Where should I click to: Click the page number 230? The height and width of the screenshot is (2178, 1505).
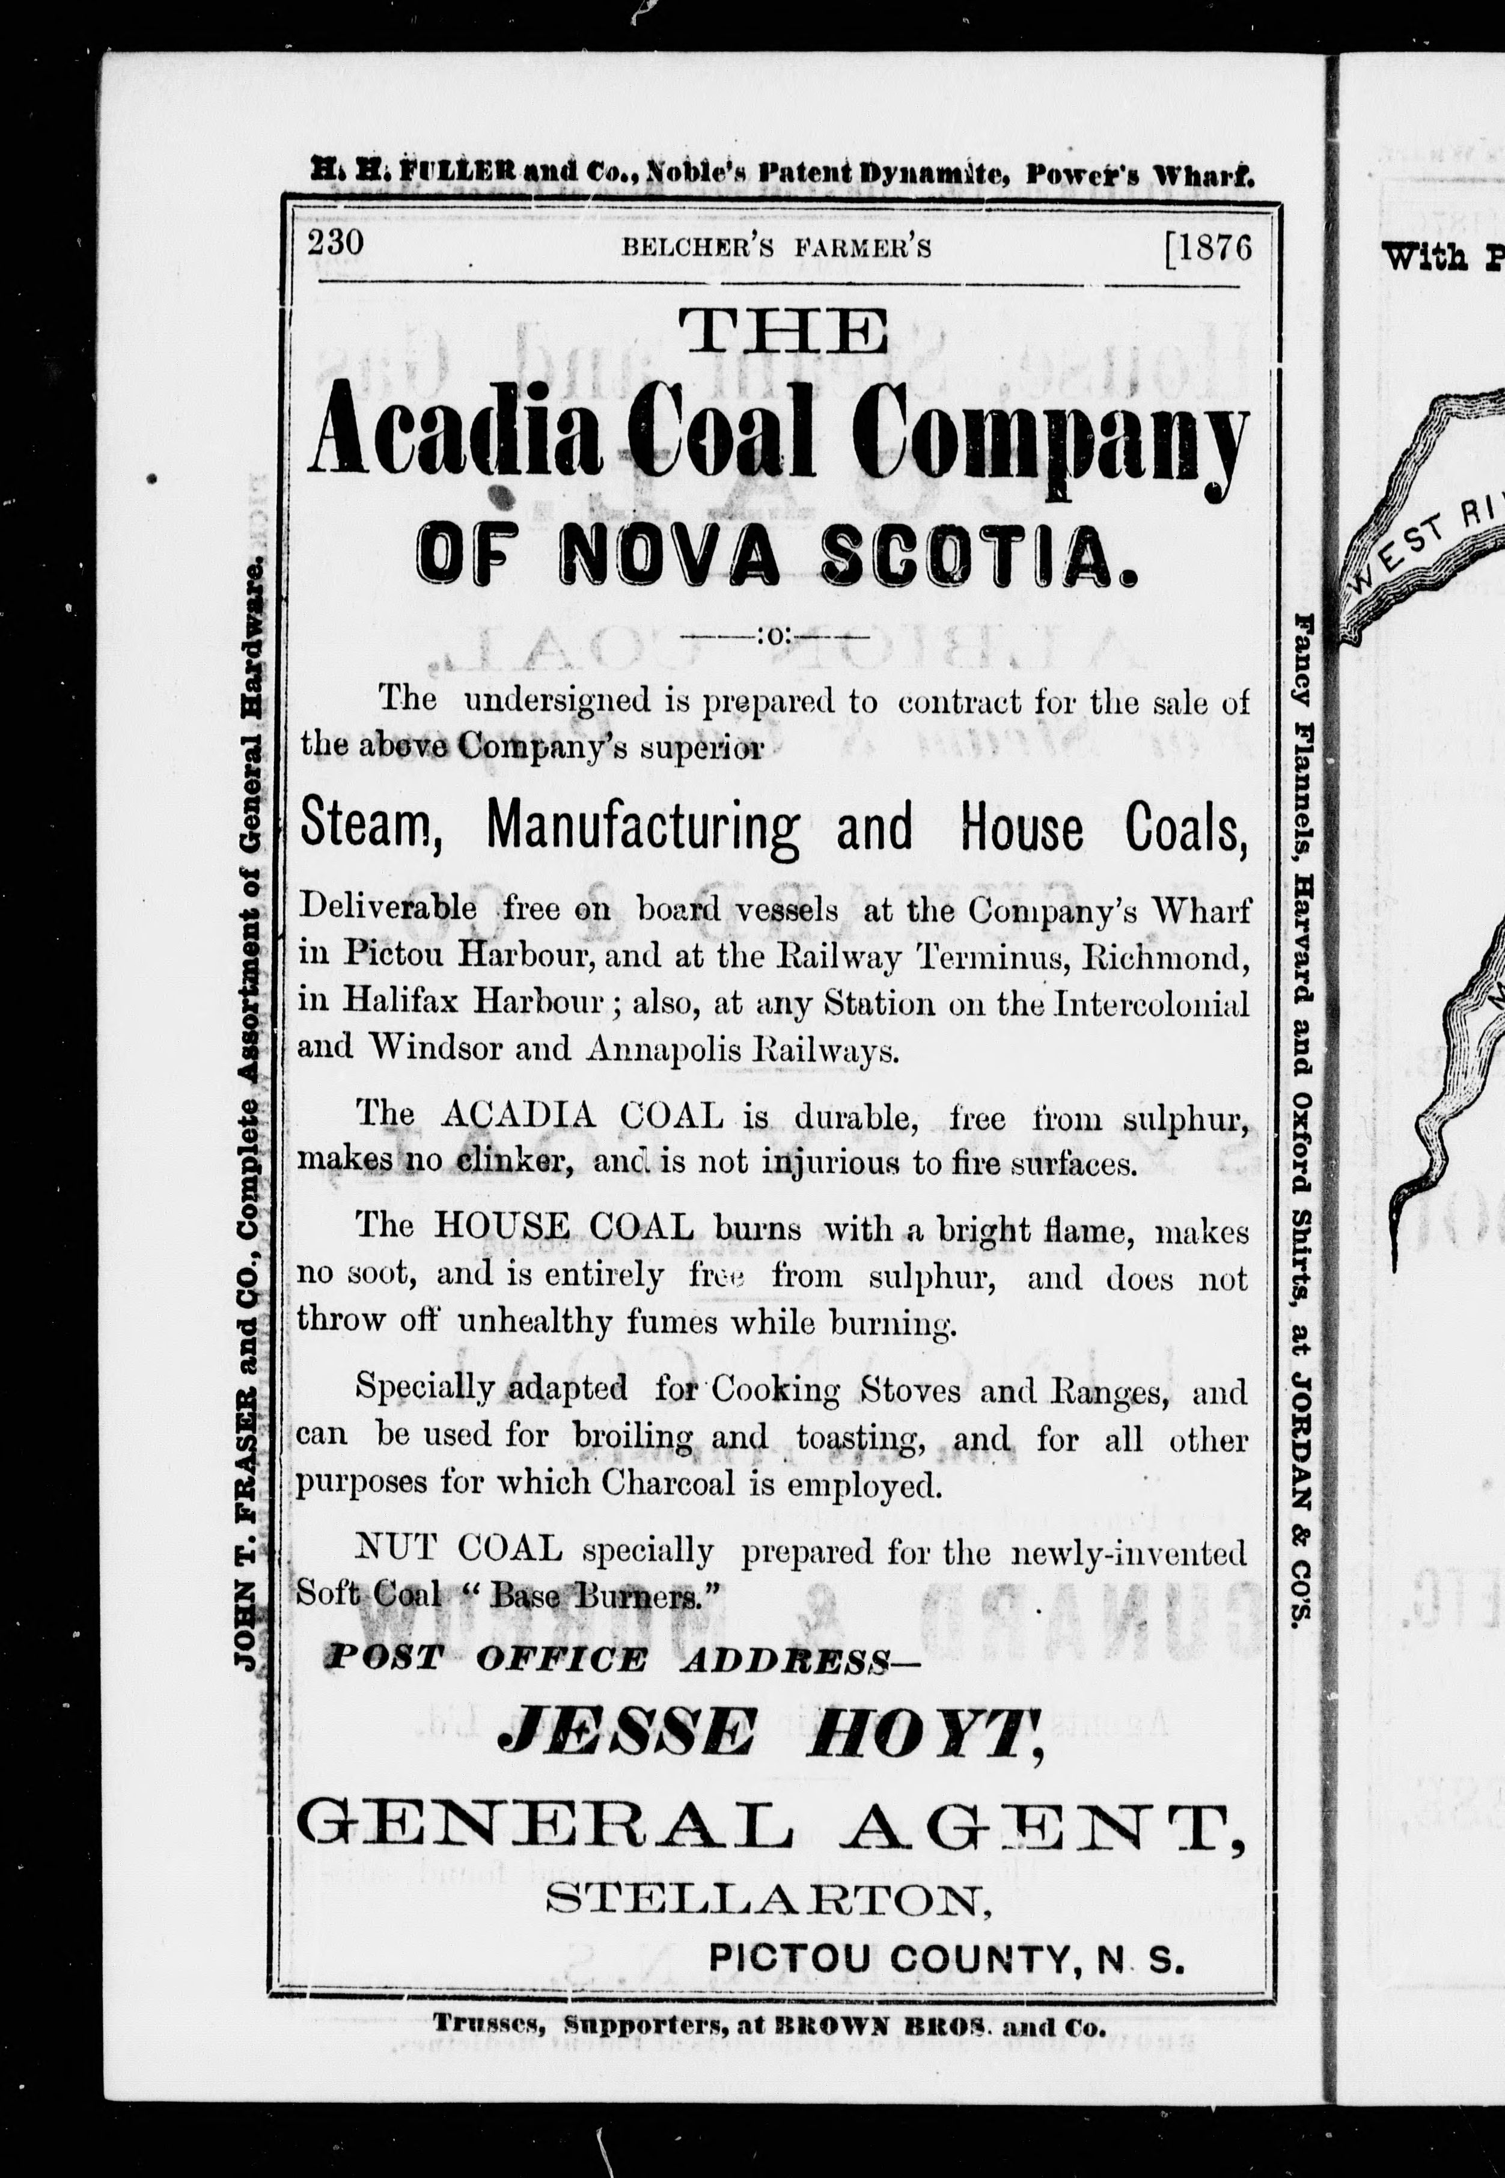(x=335, y=243)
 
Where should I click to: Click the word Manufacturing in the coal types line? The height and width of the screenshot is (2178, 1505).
(x=642, y=828)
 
